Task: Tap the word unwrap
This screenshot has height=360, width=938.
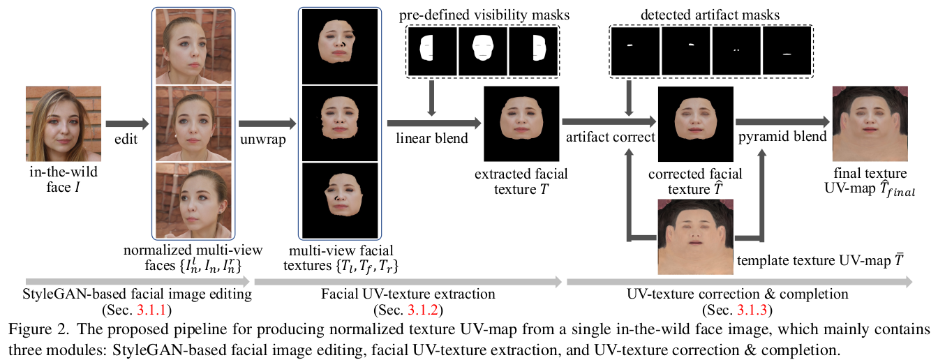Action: coord(258,137)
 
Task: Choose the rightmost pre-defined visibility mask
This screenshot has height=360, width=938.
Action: coord(533,50)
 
